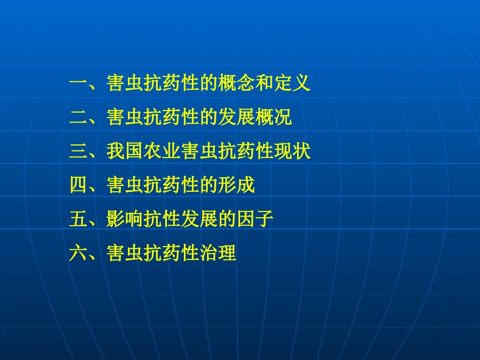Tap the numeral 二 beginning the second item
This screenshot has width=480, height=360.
78,118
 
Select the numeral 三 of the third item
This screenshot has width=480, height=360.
78,151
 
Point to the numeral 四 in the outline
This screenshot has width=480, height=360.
78,185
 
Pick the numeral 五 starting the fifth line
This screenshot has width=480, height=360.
78,219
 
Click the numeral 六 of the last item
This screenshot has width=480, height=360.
78,253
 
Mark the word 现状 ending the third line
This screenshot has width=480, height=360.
293,151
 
